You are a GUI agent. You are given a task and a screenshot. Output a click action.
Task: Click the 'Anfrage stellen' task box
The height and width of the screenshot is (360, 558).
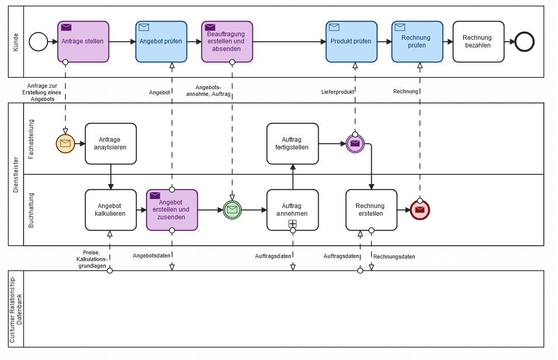click(83, 41)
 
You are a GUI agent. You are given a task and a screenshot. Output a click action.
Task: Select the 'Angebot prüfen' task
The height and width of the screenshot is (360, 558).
click(161, 41)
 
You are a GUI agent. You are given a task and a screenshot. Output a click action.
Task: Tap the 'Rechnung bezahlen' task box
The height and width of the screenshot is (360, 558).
click(478, 41)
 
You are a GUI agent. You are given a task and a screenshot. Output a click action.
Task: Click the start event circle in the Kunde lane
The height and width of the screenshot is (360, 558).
click(38, 42)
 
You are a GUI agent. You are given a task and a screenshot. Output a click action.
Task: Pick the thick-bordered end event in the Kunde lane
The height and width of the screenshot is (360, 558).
click(524, 42)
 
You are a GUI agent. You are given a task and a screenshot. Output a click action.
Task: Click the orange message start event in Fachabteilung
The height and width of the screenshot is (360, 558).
click(65, 143)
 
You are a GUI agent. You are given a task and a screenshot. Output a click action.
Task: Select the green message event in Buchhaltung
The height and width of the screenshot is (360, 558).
click(232, 210)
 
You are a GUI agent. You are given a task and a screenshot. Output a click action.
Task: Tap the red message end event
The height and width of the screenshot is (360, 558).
click(420, 210)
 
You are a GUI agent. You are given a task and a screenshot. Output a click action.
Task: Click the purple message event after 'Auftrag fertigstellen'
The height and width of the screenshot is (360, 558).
click(355, 143)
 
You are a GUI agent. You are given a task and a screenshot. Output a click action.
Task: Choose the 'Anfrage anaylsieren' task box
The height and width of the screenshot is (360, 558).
click(111, 143)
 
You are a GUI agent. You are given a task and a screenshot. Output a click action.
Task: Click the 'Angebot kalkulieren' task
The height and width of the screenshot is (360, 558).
click(111, 210)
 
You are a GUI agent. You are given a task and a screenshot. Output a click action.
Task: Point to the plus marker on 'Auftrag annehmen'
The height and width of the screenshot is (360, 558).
click(293, 223)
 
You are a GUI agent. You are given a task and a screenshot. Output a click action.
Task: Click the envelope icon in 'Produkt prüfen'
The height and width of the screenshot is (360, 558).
click(334, 27)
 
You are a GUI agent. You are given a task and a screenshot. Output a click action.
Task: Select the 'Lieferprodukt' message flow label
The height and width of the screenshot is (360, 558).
click(337, 92)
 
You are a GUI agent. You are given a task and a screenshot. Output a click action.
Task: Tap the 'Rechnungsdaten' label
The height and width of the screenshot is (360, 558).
click(394, 256)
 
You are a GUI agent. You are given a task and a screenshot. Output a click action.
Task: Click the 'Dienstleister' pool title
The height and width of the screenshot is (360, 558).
click(15, 174)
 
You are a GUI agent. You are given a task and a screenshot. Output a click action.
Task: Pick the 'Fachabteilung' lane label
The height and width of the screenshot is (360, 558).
click(31, 139)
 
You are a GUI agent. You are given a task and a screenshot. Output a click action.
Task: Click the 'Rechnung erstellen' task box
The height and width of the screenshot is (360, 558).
click(371, 210)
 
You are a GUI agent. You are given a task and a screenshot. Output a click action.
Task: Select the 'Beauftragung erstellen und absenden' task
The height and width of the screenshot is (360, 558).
click(227, 41)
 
